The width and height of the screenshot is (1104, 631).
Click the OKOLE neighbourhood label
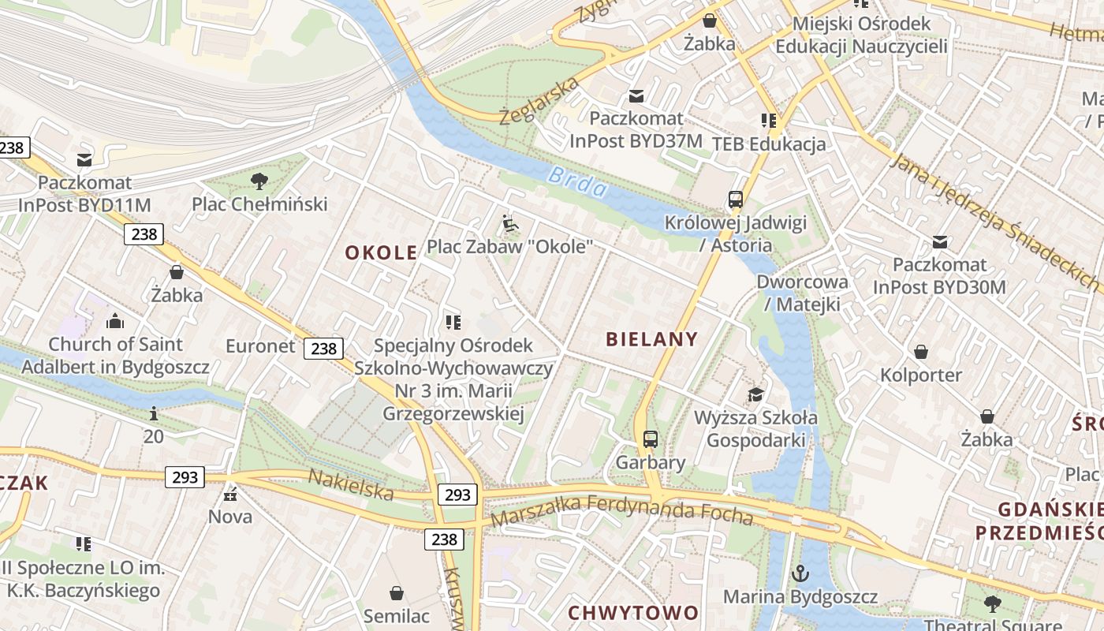[382, 252]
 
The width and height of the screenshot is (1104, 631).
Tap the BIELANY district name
[652, 339]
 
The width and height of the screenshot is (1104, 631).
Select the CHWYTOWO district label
[633, 613]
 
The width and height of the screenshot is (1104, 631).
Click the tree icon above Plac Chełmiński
[259, 182]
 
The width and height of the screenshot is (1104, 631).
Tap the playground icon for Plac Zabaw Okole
[510, 224]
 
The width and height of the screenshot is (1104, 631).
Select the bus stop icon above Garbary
[651, 439]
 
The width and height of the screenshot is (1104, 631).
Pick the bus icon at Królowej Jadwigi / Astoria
[736, 200]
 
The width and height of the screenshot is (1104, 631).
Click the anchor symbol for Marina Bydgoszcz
[801, 573]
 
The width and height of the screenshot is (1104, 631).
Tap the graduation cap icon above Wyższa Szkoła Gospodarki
[756, 394]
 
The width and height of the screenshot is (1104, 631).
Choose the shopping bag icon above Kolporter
[920, 352]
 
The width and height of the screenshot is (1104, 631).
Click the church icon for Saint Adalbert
[115, 321]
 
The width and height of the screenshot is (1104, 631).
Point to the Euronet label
[259, 346]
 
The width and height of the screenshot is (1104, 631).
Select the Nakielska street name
[350, 484]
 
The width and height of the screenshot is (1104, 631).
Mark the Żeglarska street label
[539, 101]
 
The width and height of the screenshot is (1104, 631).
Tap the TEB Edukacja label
[769, 144]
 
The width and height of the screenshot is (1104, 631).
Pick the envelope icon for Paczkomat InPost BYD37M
[636, 96]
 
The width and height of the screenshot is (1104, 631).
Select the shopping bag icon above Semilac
[397, 593]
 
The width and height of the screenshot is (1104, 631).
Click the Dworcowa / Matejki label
[802, 293]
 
